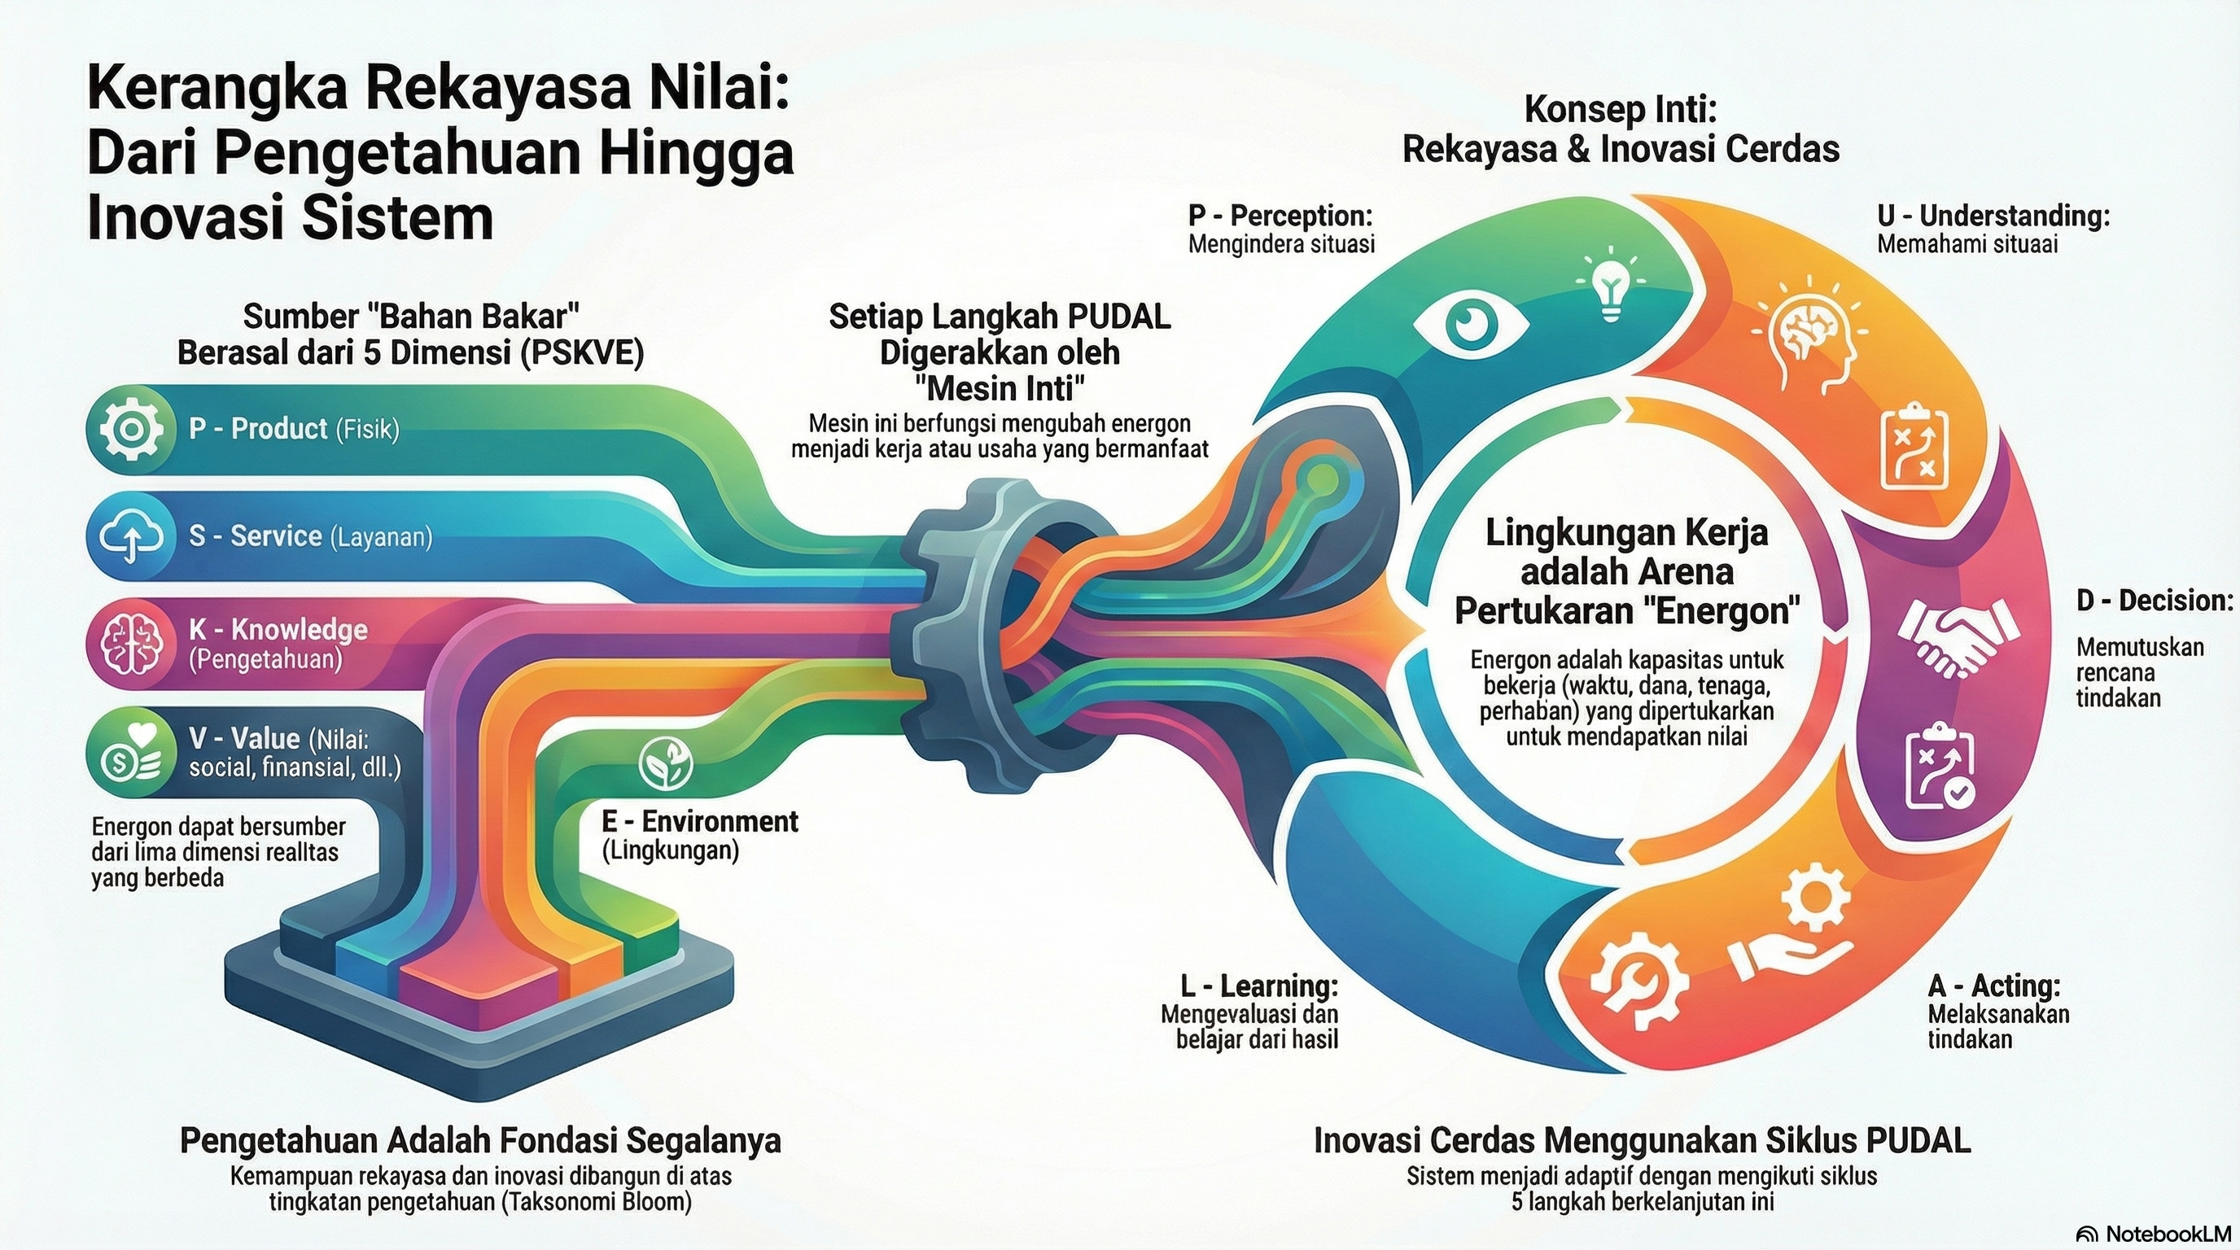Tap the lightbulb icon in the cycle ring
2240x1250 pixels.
(1611, 284)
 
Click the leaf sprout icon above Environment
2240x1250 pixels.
(666, 762)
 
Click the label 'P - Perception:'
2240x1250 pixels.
(1280, 216)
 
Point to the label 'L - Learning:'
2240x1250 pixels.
(1258, 986)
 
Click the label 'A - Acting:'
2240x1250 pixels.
(1994, 986)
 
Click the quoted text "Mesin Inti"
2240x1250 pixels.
(1000, 387)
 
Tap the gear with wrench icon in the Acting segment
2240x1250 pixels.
(1638, 980)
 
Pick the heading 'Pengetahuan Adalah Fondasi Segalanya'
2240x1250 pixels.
(480, 1140)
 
